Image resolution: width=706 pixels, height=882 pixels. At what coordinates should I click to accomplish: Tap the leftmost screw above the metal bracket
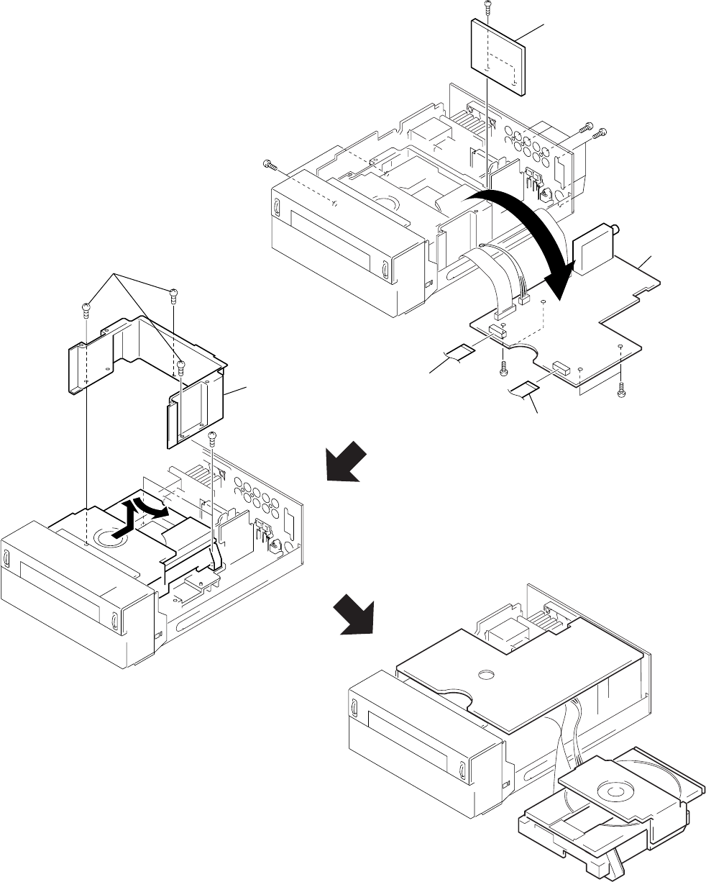pyautogui.click(x=86, y=310)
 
